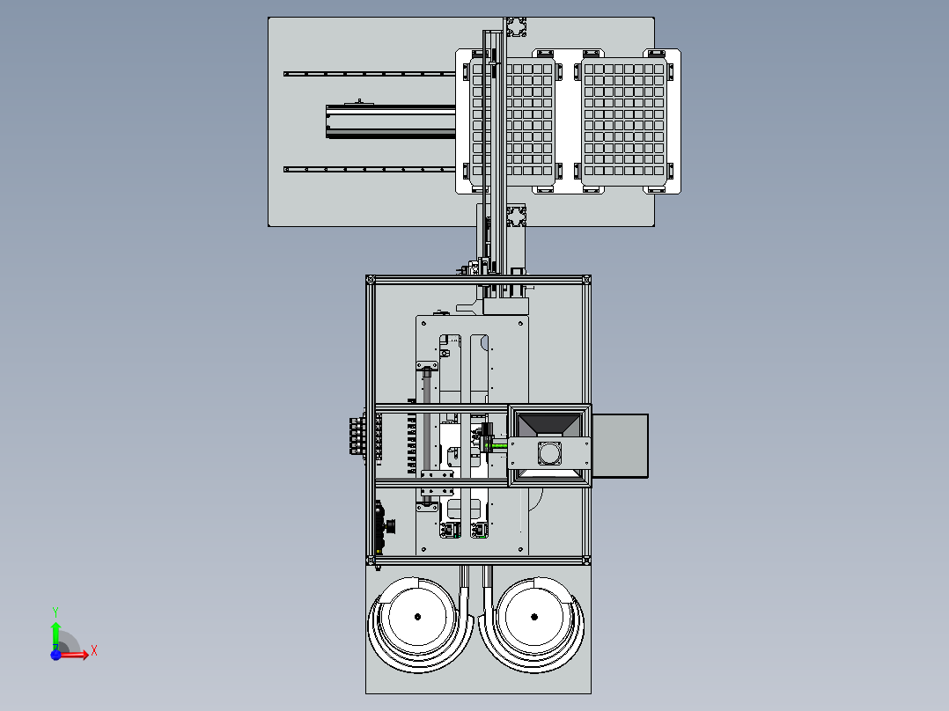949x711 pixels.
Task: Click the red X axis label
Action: coord(94,651)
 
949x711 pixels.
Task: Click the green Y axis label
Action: coord(55,612)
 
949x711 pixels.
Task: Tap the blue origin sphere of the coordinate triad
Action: coord(55,655)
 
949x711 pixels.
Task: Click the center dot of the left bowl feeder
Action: coord(417,617)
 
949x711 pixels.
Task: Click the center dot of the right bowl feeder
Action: coord(533,617)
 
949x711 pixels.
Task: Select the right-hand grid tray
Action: coord(624,121)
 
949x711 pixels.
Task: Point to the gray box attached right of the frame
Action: coord(620,446)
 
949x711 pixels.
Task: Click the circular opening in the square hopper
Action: coord(549,452)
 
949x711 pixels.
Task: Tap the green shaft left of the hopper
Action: coord(498,446)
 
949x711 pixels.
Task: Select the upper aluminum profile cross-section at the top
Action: coord(516,27)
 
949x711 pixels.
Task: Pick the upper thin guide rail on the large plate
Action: coord(370,74)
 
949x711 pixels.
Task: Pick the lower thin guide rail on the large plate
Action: coord(370,170)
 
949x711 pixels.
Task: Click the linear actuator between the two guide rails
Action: coord(391,121)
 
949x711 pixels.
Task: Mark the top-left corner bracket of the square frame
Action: coord(371,280)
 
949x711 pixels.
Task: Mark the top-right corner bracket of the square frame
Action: coord(586,280)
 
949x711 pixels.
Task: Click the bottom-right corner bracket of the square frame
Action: coord(586,561)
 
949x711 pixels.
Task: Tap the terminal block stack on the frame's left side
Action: coord(357,435)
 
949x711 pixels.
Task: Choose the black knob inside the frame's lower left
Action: coord(390,526)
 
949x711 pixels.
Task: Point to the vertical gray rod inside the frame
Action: coord(427,435)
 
